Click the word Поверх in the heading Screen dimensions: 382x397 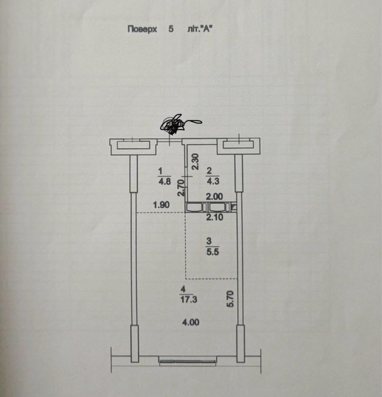(x=142, y=29)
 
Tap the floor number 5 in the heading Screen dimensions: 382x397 (x=171, y=29)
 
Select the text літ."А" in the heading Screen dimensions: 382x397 (x=200, y=29)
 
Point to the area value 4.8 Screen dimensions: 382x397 (x=164, y=182)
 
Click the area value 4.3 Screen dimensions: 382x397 (x=213, y=181)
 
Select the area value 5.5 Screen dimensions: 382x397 (x=213, y=252)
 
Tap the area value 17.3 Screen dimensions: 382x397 (x=189, y=299)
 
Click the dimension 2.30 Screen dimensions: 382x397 (x=195, y=162)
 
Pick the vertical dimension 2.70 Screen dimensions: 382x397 (x=181, y=187)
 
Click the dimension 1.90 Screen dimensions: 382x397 (x=161, y=204)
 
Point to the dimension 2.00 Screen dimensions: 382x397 (x=214, y=197)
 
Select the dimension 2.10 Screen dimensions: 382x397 (x=214, y=217)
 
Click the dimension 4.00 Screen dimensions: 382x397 (x=190, y=322)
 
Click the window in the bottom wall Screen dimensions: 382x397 (x=188, y=361)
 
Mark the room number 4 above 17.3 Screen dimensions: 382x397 (x=183, y=289)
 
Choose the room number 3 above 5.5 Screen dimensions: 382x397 (x=209, y=241)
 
